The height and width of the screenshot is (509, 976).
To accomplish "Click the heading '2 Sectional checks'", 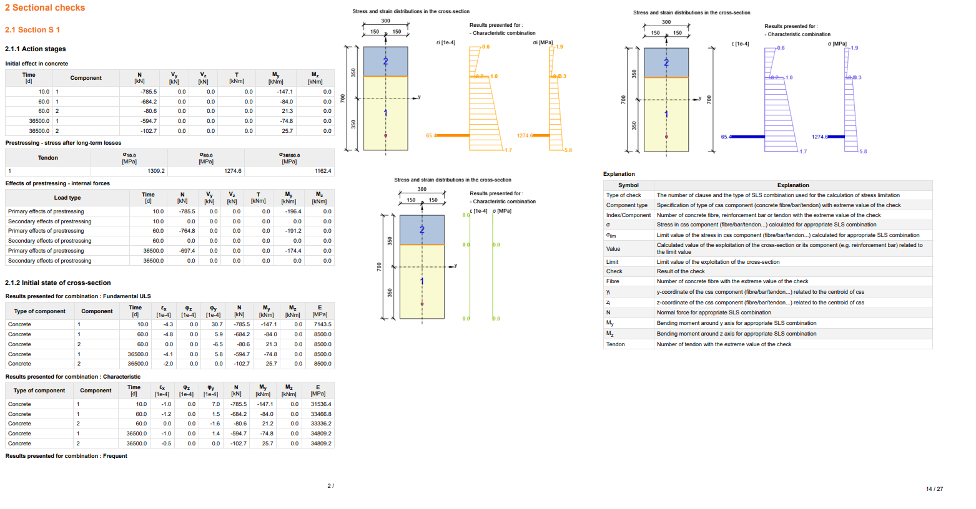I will (x=45, y=7).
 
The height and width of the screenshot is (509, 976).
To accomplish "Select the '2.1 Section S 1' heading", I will (x=32, y=30).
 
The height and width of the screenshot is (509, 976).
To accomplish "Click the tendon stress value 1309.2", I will (x=155, y=171).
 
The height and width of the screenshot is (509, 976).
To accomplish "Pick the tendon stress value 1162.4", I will (x=323, y=171).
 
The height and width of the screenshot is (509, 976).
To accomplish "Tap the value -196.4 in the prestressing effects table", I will (x=292, y=211).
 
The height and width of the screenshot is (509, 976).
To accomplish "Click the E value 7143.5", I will (x=322, y=324).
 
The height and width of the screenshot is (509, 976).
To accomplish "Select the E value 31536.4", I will (x=321, y=404).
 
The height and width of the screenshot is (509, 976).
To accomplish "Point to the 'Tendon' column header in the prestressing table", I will (x=48, y=158).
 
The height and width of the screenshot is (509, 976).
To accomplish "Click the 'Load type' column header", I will (x=67, y=198).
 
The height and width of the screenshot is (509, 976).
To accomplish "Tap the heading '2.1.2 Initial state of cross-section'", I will (x=58, y=283).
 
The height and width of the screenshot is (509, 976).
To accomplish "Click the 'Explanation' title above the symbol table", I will (x=619, y=174).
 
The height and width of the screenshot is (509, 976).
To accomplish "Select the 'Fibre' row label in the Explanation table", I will (x=613, y=281).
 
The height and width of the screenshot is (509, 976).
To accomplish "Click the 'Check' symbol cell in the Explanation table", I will (x=614, y=271).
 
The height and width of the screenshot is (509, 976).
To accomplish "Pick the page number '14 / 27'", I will (x=934, y=489).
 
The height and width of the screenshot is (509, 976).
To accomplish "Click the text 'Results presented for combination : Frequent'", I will (x=66, y=456).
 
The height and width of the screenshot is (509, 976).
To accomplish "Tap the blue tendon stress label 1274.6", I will (x=820, y=137).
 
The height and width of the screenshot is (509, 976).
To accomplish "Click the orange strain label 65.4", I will (x=431, y=135).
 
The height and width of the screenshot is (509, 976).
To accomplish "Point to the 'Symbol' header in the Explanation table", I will (x=628, y=185).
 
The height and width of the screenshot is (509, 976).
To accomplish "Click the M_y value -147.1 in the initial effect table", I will (x=284, y=92).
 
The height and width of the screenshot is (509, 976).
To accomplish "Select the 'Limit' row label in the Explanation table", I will (x=613, y=262).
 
